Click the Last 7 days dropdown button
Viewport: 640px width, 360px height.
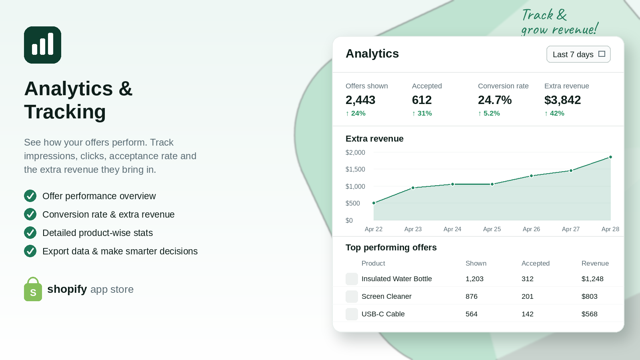click(x=578, y=54)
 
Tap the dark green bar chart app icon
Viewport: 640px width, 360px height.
click(x=42, y=45)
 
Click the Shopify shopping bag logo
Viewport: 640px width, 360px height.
click(x=33, y=289)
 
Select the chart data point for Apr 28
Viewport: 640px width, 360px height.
click(x=610, y=157)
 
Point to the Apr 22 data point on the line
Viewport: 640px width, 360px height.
click(x=374, y=203)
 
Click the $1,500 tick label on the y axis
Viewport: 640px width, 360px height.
click(x=355, y=170)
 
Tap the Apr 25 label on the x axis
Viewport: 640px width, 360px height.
click(x=492, y=229)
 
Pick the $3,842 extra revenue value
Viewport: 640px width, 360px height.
click(x=562, y=100)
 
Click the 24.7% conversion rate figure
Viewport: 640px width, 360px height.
click(x=494, y=100)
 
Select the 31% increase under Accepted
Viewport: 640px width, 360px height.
click(x=422, y=114)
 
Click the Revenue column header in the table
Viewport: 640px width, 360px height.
click(x=595, y=263)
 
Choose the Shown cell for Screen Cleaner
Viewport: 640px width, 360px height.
click(x=472, y=296)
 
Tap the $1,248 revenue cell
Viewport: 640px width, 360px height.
click(x=592, y=279)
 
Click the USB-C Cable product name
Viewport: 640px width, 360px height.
click(x=383, y=314)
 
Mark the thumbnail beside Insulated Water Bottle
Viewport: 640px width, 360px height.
click(x=352, y=279)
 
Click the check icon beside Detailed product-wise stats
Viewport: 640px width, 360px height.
click(x=30, y=232)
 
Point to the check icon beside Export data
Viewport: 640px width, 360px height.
click(x=30, y=251)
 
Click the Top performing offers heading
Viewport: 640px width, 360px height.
click(x=391, y=248)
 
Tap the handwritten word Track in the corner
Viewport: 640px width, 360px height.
click(x=538, y=15)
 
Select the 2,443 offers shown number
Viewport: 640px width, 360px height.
click(x=360, y=100)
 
